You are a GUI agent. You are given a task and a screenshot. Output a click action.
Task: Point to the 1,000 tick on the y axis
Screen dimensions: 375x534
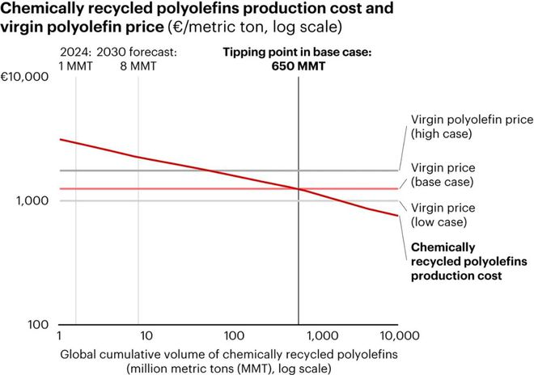pyautogui.click(x=32, y=200)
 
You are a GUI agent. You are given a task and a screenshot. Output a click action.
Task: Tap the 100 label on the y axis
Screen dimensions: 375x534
pyautogui.click(x=38, y=325)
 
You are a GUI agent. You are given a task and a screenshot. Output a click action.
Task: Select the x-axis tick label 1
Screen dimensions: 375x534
pyautogui.click(x=60, y=335)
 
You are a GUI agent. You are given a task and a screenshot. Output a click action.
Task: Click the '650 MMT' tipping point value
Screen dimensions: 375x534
pyautogui.click(x=299, y=67)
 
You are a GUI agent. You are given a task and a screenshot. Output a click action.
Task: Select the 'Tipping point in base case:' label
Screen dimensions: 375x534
pyautogui.click(x=299, y=54)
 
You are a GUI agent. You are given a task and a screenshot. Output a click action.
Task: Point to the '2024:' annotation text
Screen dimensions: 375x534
pyautogui.click(x=75, y=54)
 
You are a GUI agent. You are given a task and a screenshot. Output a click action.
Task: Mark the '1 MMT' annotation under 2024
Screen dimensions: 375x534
pyautogui.click(x=76, y=67)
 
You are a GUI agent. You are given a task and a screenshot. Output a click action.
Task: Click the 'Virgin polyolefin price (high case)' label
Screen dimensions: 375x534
pyautogui.click(x=472, y=126)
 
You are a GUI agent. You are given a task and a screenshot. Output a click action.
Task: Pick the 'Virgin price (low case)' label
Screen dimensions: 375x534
pyautogui.click(x=449, y=214)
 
